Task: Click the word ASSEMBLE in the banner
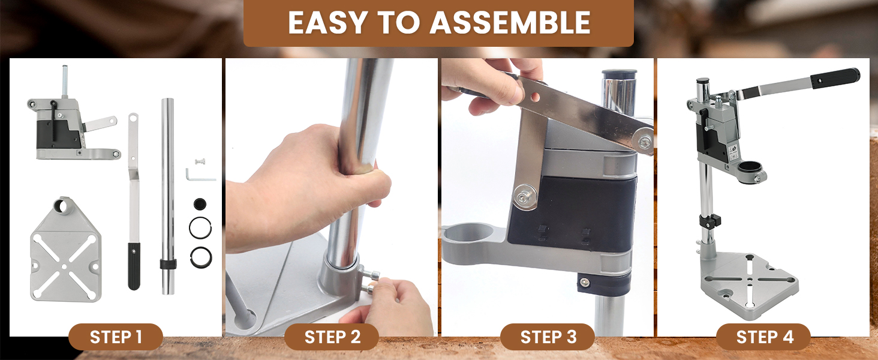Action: [x=510, y=22]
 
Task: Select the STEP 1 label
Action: [x=116, y=337]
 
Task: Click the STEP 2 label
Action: [x=332, y=337]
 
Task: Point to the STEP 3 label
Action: [x=548, y=337]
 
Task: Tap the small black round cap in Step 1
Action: [x=200, y=204]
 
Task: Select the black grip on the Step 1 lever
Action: [x=134, y=266]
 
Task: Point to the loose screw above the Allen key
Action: [x=200, y=161]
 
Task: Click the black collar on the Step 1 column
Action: [x=168, y=264]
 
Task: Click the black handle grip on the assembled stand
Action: [x=835, y=77]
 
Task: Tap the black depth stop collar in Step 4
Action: [x=710, y=221]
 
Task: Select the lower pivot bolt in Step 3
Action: [x=524, y=196]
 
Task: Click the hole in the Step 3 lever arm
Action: [x=536, y=97]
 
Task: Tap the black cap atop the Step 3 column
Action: [x=620, y=74]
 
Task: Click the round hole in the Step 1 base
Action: [x=62, y=205]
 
